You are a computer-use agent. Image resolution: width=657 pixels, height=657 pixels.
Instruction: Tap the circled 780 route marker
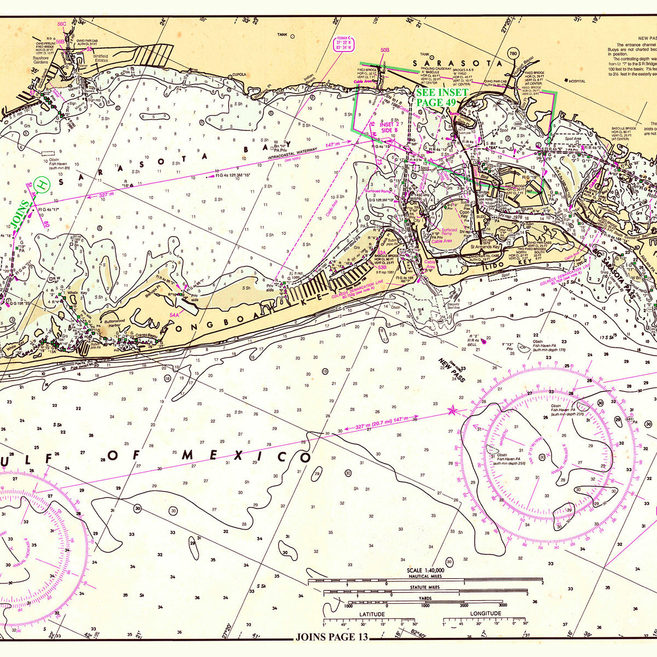coord(513,54)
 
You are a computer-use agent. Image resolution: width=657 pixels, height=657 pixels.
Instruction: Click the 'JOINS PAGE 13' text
coord(331,637)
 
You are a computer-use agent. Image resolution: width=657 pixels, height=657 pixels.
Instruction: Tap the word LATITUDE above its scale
coord(371,614)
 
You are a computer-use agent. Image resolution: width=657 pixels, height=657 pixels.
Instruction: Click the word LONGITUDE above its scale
coord(485,613)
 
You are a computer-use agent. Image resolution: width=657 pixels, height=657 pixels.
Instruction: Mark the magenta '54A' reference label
coord(175,315)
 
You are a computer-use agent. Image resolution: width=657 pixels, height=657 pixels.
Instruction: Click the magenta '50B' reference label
coord(384,50)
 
